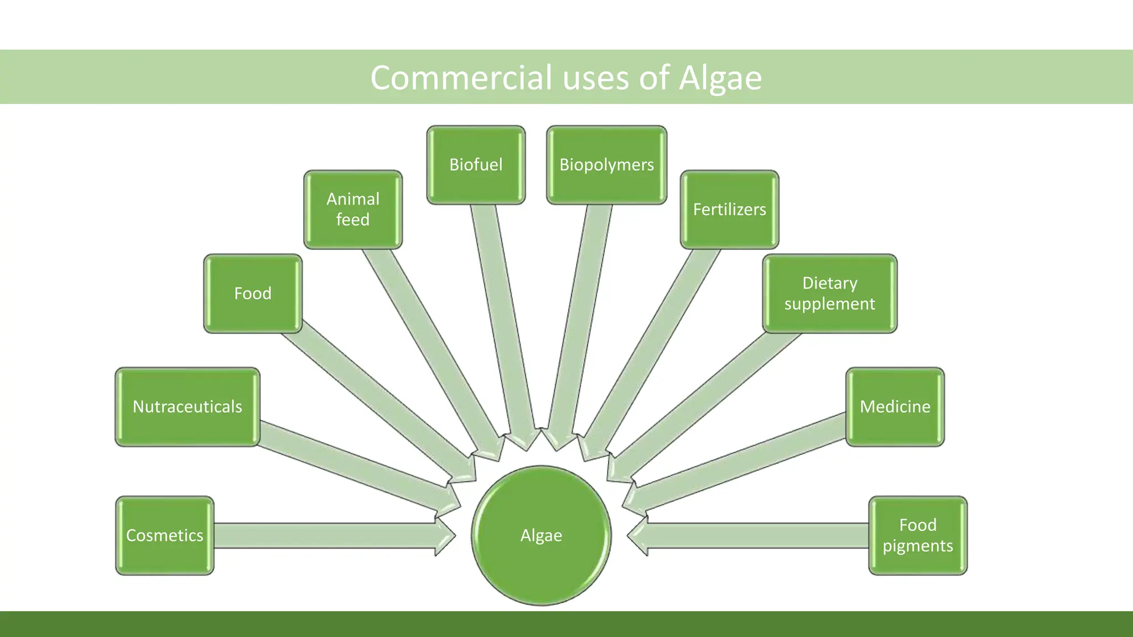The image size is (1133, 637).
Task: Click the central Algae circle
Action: [x=541, y=535]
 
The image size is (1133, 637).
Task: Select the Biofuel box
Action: [x=476, y=165]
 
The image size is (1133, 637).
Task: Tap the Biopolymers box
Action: [x=606, y=165]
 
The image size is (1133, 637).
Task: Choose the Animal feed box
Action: [x=353, y=210]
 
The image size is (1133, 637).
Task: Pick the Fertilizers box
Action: [x=729, y=210]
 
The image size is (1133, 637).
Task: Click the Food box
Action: [x=253, y=294]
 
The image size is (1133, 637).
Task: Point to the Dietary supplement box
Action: [x=829, y=294]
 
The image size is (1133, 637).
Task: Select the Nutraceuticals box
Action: [x=187, y=407]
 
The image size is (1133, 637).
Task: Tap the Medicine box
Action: [x=895, y=407]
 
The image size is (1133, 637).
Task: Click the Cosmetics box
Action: [x=164, y=535]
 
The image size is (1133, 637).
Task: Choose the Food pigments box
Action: [x=917, y=535]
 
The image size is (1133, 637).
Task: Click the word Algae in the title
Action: [x=720, y=77]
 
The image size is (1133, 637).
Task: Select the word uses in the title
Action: [x=596, y=77]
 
